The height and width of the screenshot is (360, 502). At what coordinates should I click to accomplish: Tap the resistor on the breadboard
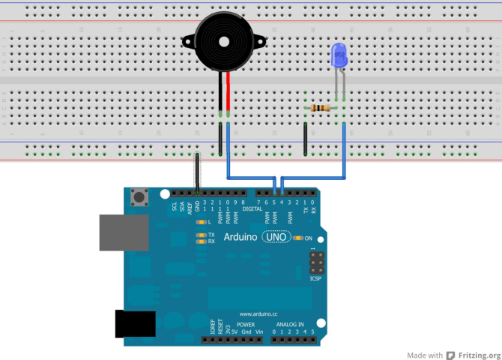tap(321, 109)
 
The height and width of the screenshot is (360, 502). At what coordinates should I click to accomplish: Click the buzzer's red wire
tap(230, 90)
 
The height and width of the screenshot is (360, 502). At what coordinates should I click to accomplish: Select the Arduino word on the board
tap(241, 237)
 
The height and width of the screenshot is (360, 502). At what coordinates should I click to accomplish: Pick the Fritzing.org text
tap(480, 355)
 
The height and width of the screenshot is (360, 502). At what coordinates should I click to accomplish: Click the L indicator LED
tap(200, 223)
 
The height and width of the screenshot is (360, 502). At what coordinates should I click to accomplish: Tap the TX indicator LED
tap(200, 235)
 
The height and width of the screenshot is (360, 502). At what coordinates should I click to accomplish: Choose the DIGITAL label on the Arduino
tap(252, 208)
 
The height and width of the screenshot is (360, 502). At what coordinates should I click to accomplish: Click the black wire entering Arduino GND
tap(197, 172)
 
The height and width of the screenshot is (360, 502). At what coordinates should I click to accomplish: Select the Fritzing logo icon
tap(451, 355)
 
